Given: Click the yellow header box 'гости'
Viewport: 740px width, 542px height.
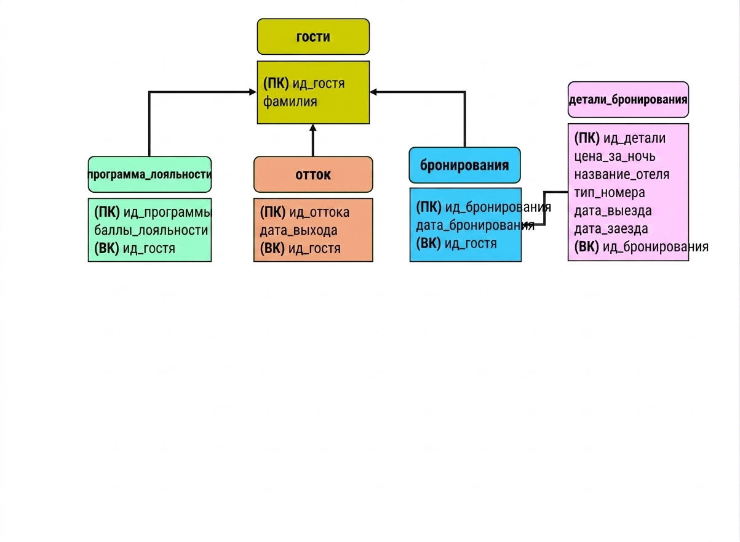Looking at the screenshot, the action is pos(313,36).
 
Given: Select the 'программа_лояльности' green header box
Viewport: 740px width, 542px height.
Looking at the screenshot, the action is pos(149,174).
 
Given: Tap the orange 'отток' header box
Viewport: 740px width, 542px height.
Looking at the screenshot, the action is pos(313,174).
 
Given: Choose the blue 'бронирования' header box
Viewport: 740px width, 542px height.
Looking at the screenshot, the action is pos(464,165).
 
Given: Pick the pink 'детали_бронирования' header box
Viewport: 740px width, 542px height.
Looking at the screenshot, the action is pos(628,100).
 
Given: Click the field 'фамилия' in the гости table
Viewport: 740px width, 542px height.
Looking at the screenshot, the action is pos(290,101).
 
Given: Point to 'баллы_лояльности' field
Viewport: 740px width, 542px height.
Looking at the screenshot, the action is pos(151,230).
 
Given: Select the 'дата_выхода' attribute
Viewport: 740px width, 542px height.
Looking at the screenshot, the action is pos(298,230).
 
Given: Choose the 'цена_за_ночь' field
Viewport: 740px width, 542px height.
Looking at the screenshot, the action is pos(615,156).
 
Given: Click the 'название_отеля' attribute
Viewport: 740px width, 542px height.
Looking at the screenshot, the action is pos(622,174).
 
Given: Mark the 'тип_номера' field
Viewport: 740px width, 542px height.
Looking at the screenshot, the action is pos(610,192).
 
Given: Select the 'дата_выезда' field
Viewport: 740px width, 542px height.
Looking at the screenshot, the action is pos(613,211).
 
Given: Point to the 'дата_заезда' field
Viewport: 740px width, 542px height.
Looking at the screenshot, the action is pos(611,229).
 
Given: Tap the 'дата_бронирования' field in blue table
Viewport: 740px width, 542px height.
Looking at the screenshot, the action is pos(475,225).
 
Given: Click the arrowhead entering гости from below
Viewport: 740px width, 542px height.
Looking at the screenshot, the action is pos(313,127).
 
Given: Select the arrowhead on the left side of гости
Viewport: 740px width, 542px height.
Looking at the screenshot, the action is pos(253,92).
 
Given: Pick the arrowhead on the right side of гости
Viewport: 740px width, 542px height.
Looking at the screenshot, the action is pos(373,92).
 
